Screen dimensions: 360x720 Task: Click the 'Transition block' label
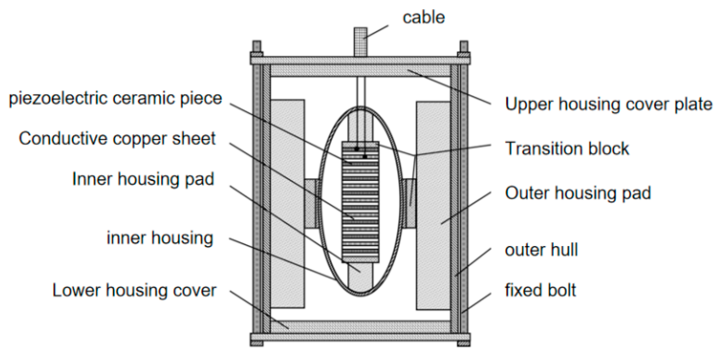coord(567,149)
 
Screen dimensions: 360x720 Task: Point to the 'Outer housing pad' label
coord(577,193)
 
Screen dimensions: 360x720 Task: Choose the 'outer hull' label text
coord(541,250)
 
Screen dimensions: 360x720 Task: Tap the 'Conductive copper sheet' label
coord(117,139)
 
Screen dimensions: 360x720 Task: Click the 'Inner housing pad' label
coord(143,179)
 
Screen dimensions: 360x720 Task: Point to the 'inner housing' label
coord(160,238)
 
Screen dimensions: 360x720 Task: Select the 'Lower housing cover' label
coord(135,291)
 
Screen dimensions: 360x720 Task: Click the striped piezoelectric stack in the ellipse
coord(360,202)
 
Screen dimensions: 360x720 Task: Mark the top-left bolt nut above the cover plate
coord(256,47)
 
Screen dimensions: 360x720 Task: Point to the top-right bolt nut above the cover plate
coord(464,47)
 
